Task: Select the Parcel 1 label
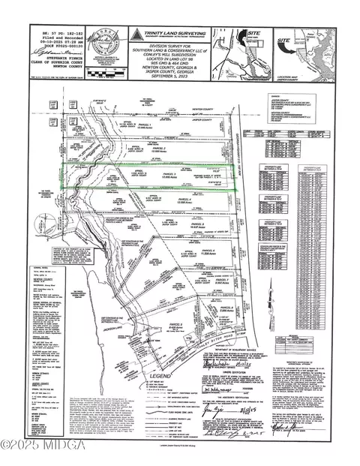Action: pyautogui.click(x=145, y=125)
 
